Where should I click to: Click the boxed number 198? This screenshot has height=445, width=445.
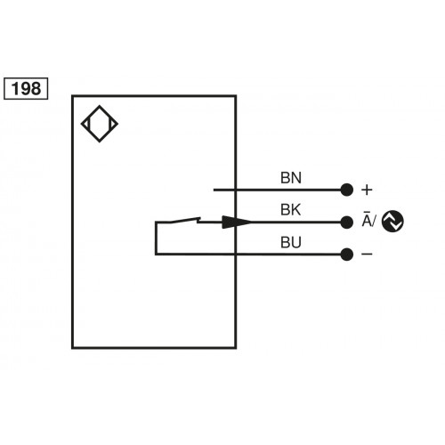tap(28, 88)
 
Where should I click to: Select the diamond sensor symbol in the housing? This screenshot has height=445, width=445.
tap(99, 125)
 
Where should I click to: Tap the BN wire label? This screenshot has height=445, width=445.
tap(291, 177)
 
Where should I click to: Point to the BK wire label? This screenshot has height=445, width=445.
tap(291, 210)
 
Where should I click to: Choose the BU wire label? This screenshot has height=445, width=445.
tap(291, 242)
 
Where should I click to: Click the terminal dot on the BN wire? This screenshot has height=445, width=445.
tap(347, 190)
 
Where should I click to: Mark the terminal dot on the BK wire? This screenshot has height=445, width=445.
tap(347, 222)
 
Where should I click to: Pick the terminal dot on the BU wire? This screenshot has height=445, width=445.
tap(347, 255)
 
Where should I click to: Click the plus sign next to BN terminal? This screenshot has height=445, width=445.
tap(366, 190)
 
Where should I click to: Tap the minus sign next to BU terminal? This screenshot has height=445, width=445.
tap(366, 255)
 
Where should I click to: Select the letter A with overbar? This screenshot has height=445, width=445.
tap(366, 222)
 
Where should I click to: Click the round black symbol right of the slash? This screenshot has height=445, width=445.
tap(392, 222)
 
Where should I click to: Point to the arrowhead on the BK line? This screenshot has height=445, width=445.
tap(235, 222)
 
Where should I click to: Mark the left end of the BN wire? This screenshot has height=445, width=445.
tap(214, 190)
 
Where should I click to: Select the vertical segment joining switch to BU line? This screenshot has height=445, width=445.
tap(156, 239)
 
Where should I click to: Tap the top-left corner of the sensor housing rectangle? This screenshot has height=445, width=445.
tap(73, 97)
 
